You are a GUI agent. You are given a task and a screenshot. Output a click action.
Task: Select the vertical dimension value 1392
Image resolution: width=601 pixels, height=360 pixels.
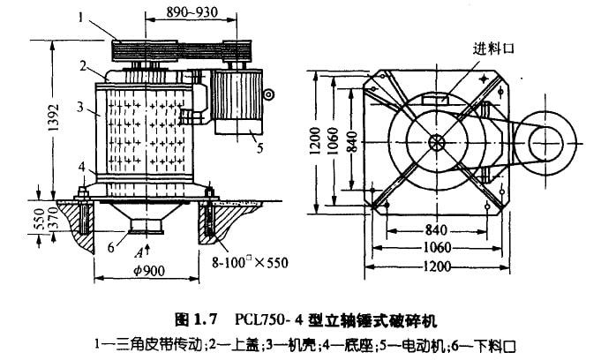(53, 115)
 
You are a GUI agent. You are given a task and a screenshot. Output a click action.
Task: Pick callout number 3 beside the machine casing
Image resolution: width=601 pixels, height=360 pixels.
(80, 107)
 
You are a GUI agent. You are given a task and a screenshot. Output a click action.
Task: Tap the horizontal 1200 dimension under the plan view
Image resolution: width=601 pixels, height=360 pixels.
(439, 266)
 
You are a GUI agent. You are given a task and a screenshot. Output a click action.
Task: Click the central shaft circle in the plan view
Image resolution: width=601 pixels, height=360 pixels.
(439, 141)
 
